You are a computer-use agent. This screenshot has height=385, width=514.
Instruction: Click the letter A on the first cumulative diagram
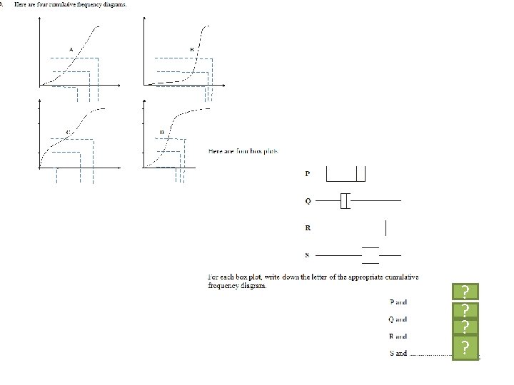pyautogui.click(x=71, y=48)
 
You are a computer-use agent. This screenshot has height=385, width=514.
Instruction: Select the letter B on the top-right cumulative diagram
pyautogui.click(x=191, y=48)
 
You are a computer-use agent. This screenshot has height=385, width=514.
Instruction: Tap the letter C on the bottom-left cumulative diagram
pyautogui.click(x=68, y=132)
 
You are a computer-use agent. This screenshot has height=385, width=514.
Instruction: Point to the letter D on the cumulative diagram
pyautogui.click(x=161, y=132)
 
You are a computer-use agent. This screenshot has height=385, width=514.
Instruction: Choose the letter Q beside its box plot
pyautogui.click(x=308, y=201)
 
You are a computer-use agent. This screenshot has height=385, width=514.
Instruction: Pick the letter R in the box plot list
pyautogui.click(x=308, y=228)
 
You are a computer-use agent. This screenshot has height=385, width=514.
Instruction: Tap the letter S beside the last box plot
pyautogui.click(x=308, y=255)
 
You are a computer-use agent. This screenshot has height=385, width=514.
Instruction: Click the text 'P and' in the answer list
pyautogui.click(x=398, y=302)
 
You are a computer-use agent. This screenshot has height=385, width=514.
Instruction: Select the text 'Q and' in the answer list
pyautogui.click(x=398, y=319)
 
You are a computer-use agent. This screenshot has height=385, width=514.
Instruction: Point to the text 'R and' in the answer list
pyautogui.click(x=398, y=336)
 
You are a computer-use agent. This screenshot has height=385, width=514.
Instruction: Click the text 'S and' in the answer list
pyautogui.click(x=398, y=353)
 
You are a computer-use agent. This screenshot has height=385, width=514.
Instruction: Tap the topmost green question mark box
pyautogui.click(x=465, y=292)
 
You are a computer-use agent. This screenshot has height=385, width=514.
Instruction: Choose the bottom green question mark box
pyautogui.click(x=465, y=347)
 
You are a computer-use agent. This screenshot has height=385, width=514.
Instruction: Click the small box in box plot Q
pyautogui.click(x=346, y=201)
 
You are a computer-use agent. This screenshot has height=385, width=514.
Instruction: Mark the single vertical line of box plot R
pyautogui.click(x=385, y=228)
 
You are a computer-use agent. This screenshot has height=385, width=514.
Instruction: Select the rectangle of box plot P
pyautogui.click(x=341, y=175)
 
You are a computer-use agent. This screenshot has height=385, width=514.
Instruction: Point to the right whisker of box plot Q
pyautogui.click(x=376, y=201)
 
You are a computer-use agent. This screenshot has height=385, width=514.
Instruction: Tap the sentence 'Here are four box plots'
pyautogui.click(x=243, y=151)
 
